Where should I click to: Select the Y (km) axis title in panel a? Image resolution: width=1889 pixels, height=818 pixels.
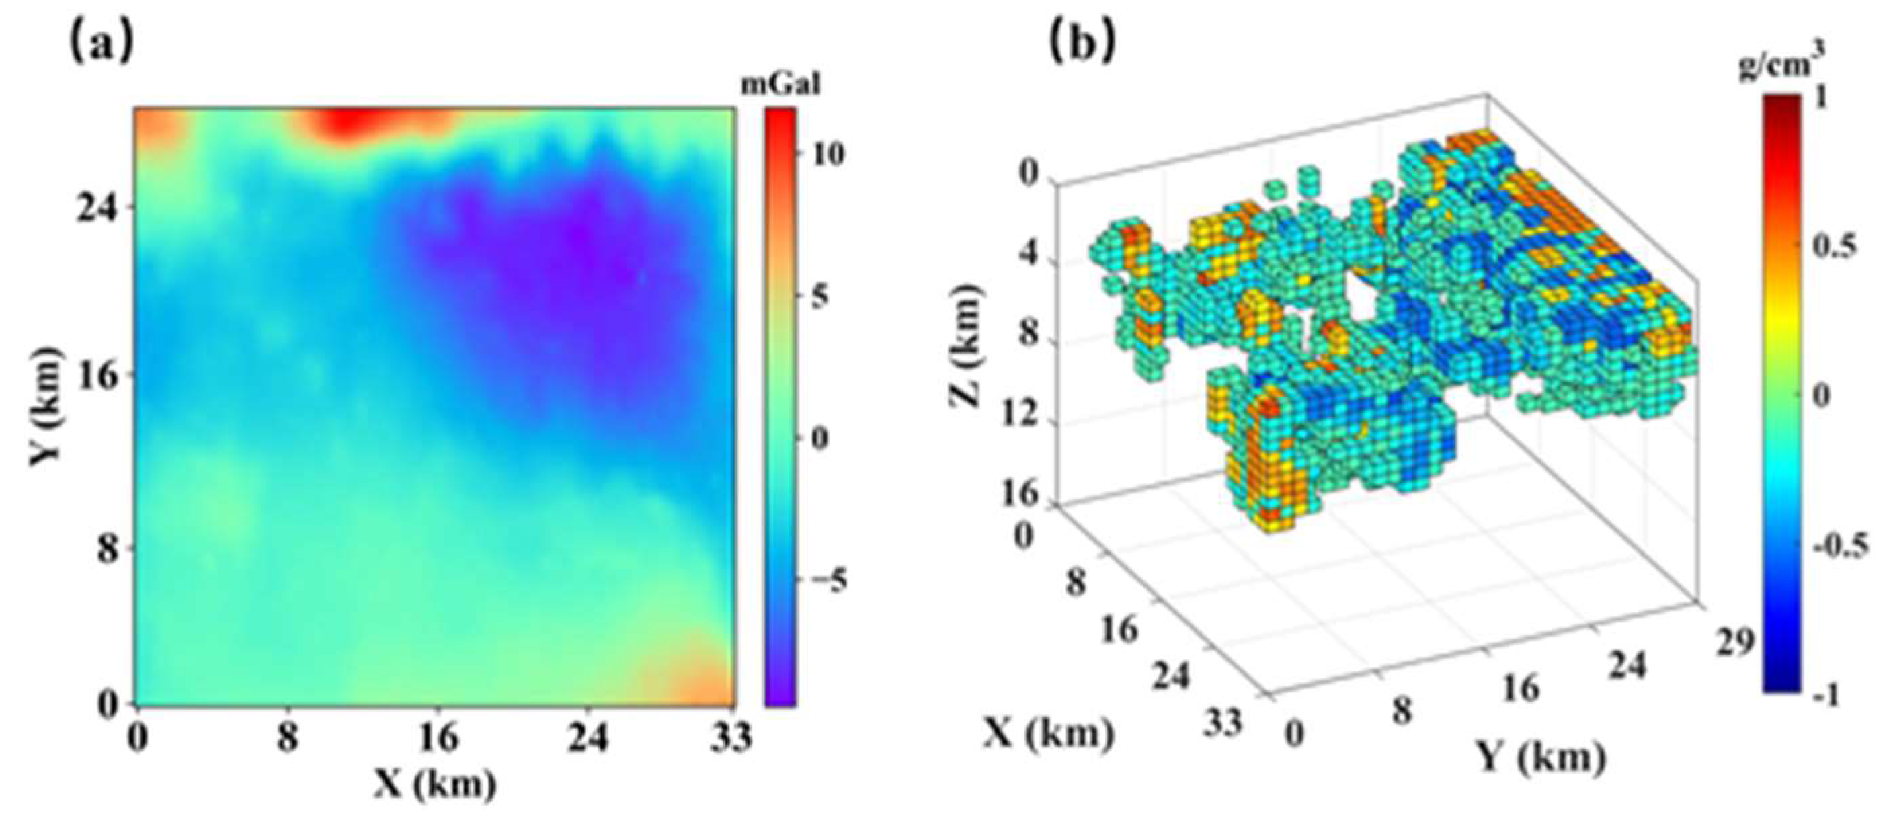click(48, 406)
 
